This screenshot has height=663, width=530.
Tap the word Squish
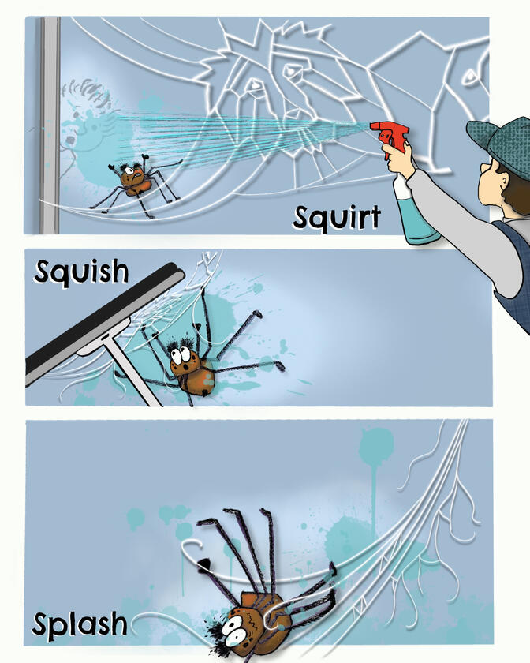pyautogui.click(x=80, y=272)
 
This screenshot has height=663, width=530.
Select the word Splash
pyautogui.click(x=79, y=624)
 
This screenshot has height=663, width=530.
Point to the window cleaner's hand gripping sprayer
pyautogui.click(x=401, y=162)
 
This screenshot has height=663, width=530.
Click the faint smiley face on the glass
pyautogui.click(x=83, y=126)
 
